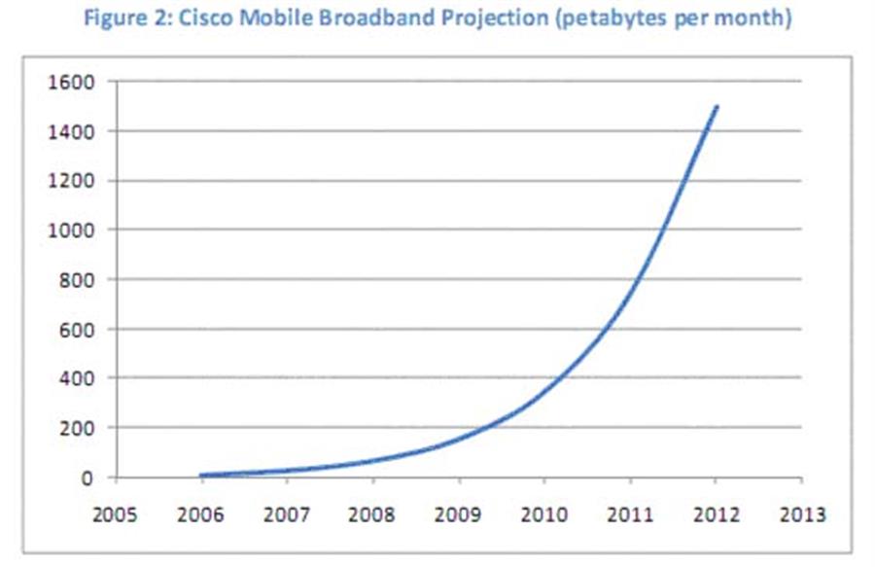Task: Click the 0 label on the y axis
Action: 87,478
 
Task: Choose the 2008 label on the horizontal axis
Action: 374,514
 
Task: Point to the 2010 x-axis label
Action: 545,514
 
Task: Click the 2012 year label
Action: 717,514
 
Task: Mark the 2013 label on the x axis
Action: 802,514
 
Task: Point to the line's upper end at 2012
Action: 717,106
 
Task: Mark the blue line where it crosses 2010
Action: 545,393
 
